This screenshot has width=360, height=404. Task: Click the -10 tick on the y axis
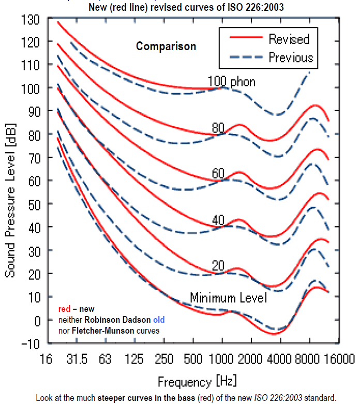tap(31, 343)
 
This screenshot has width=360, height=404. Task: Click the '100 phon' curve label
tap(231, 82)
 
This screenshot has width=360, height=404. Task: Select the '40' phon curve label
tap(218, 220)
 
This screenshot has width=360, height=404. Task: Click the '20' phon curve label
tap(218, 266)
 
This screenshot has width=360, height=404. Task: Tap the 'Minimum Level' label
tap(228, 298)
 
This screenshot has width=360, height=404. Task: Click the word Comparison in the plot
tap(166, 47)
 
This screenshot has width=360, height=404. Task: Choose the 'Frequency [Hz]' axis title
tap(197, 383)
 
